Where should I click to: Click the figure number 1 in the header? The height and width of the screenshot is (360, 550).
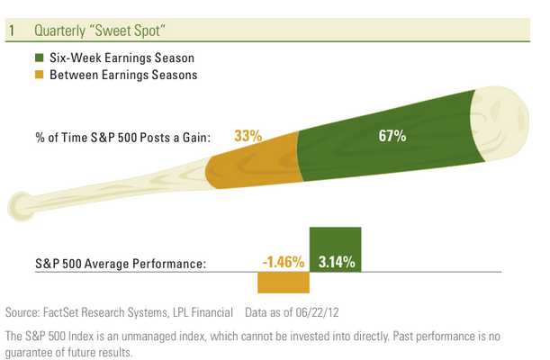click(12, 30)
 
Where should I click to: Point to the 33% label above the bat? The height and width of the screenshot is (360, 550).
click(248, 137)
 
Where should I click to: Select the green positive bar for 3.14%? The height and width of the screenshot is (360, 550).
click(336, 243)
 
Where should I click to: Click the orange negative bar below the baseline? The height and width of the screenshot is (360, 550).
click(283, 283)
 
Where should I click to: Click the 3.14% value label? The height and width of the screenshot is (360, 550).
click(337, 264)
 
